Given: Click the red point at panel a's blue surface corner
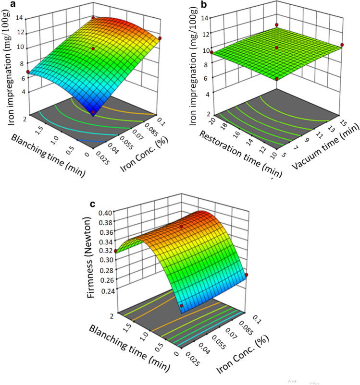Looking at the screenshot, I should coord(93,112).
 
